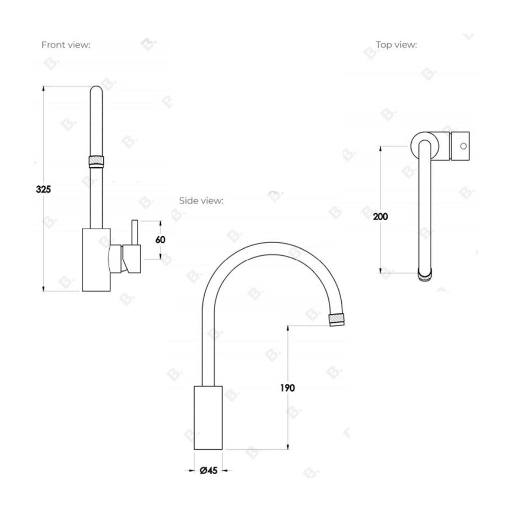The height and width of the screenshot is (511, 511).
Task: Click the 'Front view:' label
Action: coord(65,45)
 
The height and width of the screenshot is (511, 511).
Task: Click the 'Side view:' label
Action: coord(202,201)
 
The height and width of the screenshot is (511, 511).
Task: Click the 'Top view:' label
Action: coord(396,45)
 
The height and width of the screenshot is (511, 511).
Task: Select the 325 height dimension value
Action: coord(44,189)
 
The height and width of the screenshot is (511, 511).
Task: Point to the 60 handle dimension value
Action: coord(160,240)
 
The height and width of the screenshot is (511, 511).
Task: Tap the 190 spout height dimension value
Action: coord(288,388)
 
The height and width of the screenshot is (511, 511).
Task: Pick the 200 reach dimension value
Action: coord(380,217)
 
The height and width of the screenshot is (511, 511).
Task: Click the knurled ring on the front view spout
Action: coord(96,161)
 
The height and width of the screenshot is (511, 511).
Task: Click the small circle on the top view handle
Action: coord(463,146)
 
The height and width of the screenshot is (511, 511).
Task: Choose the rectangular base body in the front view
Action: coord(96,259)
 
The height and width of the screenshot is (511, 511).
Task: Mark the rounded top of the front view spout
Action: coord(96,91)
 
